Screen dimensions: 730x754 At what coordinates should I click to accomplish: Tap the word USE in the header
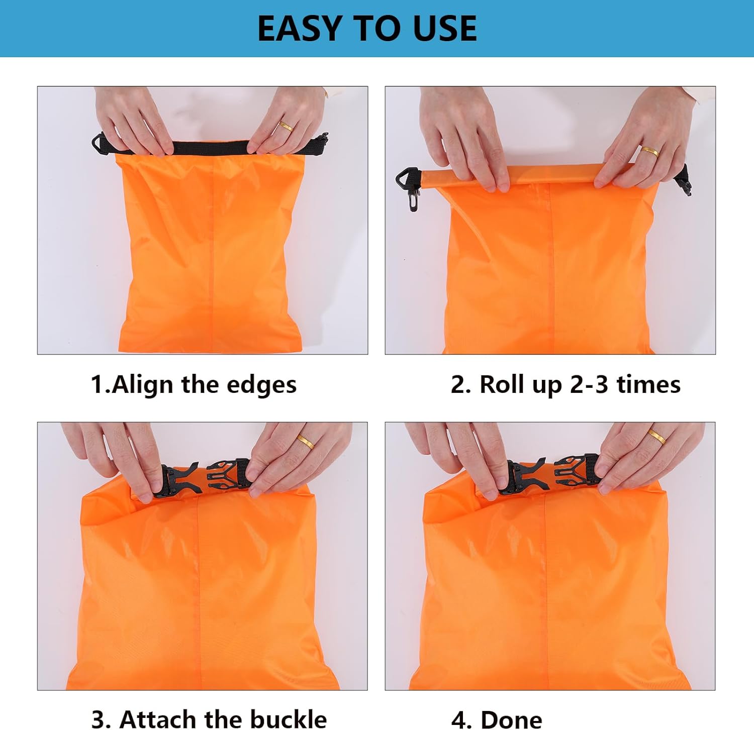[444, 29]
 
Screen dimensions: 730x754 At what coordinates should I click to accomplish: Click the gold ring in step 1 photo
[286, 126]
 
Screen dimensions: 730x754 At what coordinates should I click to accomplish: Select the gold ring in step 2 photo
[649, 151]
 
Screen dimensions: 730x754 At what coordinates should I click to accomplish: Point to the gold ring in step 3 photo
[306, 441]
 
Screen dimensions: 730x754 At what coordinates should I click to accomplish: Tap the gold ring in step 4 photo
[656, 436]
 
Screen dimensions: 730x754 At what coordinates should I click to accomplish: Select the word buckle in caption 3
[288, 719]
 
